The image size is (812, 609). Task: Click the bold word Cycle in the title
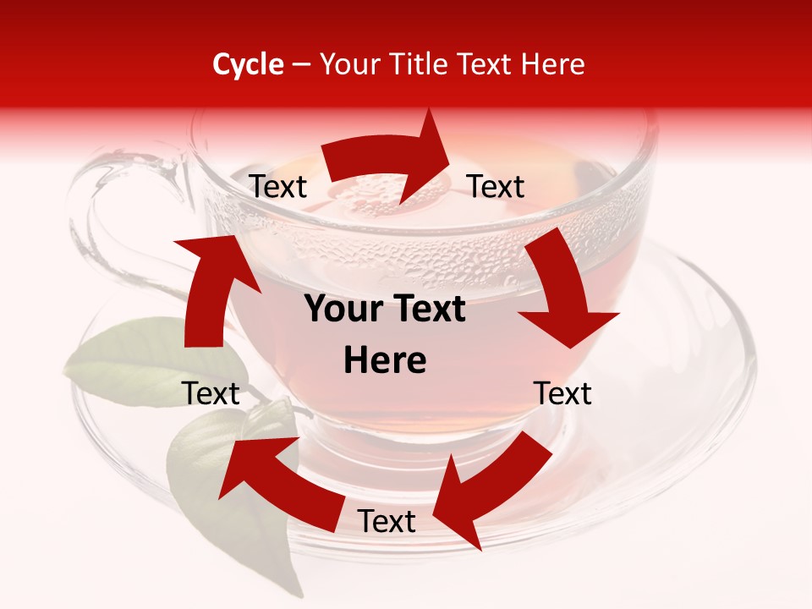pyautogui.click(x=248, y=64)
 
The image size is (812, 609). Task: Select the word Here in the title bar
pyautogui.click(x=550, y=64)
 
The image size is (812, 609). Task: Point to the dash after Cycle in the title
pyautogui.click(x=300, y=65)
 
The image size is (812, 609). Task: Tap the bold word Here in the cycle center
pyautogui.click(x=385, y=361)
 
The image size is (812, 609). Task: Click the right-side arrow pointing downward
pyautogui.click(x=565, y=292)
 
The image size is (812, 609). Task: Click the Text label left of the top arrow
pyautogui.click(x=277, y=187)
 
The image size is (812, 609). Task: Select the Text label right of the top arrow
pyautogui.click(x=496, y=186)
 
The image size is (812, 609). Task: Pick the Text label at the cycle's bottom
pyautogui.click(x=387, y=522)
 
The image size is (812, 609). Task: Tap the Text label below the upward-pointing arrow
pyautogui.click(x=211, y=393)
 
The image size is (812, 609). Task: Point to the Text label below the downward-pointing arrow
pyautogui.click(x=562, y=393)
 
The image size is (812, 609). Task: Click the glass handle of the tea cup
pyautogui.click(x=110, y=211)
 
